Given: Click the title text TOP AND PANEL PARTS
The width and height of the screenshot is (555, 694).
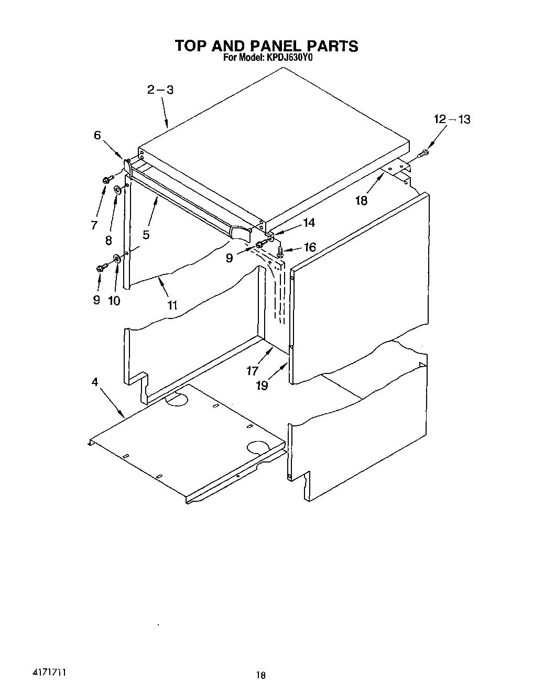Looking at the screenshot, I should point(266,46).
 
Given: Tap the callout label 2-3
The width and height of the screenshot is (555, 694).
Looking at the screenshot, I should point(160,90).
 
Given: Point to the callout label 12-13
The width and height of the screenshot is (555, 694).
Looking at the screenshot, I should point(452,119).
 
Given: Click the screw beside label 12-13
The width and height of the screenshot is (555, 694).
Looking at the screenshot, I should point(424,153).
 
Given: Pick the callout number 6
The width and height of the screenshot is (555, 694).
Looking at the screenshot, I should point(97,135).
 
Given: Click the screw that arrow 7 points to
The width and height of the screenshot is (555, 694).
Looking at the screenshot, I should point(107,180).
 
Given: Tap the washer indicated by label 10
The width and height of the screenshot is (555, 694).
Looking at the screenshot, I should point(117,258).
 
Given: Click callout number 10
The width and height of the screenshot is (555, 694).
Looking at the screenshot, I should point(114,301).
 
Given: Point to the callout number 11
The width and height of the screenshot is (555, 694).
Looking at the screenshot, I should point(172,305).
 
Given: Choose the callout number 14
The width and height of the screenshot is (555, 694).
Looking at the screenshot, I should point(309,223).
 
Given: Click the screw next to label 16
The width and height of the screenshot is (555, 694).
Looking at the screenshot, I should point(280,252).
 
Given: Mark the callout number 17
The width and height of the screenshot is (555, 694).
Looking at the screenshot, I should point(252,371).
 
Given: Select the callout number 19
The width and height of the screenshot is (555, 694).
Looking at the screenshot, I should point(262,385).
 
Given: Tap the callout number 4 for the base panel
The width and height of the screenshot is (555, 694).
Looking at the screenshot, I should point(95,382).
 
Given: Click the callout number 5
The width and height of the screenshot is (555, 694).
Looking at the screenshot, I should point(146,235).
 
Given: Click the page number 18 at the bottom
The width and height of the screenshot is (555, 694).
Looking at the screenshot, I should point(260,676).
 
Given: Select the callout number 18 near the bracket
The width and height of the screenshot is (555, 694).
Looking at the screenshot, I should point(361,200).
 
